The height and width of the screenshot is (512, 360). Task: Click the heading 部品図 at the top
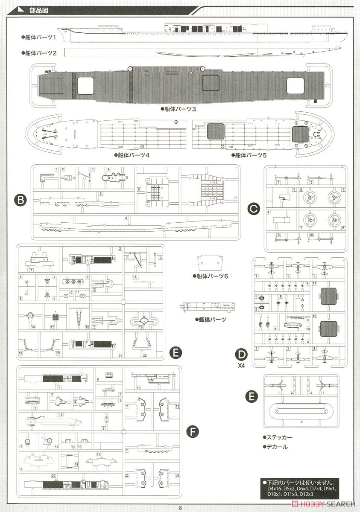pos(40,11)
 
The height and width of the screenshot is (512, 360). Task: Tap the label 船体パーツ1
pos(41,38)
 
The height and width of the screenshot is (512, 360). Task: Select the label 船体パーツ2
pos(41,52)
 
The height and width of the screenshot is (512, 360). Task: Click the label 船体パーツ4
pos(133,155)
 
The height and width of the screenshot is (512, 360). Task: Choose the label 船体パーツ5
pos(251,155)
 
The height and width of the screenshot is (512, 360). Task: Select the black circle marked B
pos(20,199)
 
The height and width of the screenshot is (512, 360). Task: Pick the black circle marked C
pos(254,209)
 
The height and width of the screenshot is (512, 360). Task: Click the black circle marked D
pos(242,355)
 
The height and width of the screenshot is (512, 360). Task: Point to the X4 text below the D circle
pos(242,365)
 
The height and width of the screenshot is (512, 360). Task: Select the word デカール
pos(276,447)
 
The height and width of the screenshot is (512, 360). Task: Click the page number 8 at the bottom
pos(181,507)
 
